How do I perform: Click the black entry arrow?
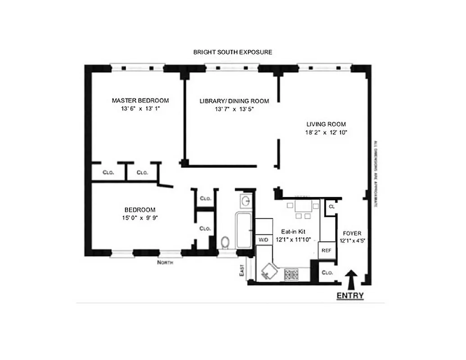click(352, 279)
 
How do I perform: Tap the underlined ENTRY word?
click(350, 296)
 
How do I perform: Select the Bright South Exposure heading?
click(232, 52)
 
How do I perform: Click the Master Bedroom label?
click(140, 100)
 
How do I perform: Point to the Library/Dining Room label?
click(234, 101)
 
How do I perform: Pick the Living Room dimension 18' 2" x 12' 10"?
click(326, 133)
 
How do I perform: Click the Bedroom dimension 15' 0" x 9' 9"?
click(140, 218)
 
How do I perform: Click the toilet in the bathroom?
click(226, 243)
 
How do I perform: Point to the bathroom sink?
click(245, 201)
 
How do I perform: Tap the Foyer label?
click(352, 234)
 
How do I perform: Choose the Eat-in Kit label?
click(296, 231)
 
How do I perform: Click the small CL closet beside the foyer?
click(331, 207)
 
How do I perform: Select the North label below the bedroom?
click(165, 262)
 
